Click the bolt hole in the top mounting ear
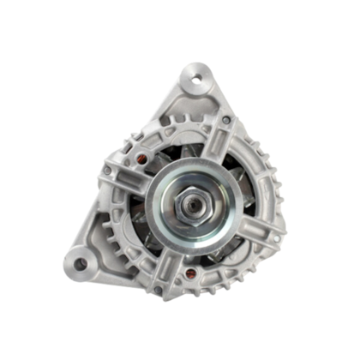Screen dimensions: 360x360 [197, 81]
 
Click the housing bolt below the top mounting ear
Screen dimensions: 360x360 [226, 121]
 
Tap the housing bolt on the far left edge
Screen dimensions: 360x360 [107, 170]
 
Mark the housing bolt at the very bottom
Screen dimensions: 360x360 [158, 290]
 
